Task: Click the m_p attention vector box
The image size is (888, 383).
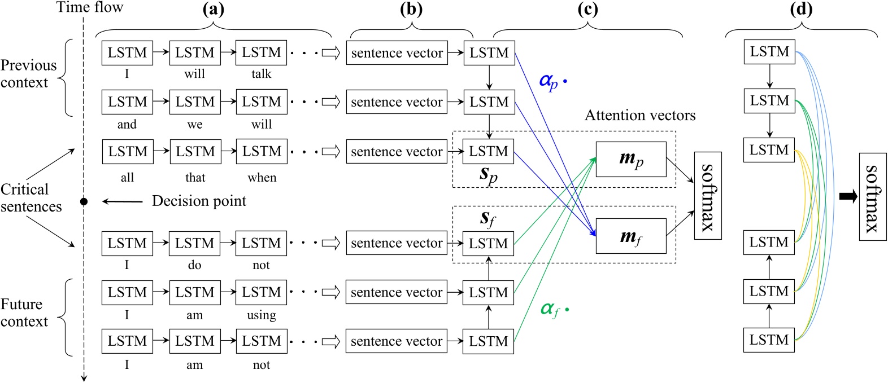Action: coord(631,159)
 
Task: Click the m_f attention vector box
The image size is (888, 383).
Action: coord(631,236)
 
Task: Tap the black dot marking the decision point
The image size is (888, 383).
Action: coord(84,201)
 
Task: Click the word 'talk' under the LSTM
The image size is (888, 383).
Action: coord(261,74)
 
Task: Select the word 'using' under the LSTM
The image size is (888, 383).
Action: coord(261,315)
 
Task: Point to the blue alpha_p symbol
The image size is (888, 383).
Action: coord(549,81)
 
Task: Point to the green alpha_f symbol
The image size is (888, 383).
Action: coord(550,309)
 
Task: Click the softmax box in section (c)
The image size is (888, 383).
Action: coord(708,195)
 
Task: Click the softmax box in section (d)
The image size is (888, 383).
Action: coord(872,196)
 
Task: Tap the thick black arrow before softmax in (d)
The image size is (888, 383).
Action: coord(847,196)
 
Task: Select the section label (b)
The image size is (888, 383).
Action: coord(411,9)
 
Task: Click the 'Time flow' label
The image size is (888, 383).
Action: coord(89,7)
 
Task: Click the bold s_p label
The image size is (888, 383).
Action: coord(489,174)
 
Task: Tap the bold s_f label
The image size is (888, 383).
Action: coord(487,218)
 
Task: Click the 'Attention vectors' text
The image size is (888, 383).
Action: coord(640,116)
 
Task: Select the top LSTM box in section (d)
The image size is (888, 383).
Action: coord(769,52)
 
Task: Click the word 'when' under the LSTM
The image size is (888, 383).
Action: coord(262,178)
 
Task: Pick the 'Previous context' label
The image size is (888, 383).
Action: coord(28,74)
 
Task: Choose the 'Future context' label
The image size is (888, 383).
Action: coord(24,313)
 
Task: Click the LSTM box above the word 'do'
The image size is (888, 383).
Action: coord(194,243)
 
